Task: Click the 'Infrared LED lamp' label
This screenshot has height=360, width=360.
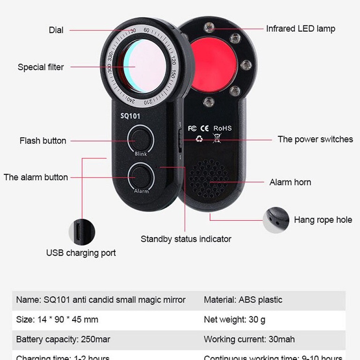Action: coord(300,29)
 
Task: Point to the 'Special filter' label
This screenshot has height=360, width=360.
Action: coord(41,67)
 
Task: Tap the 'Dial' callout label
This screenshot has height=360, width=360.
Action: coord(56,30)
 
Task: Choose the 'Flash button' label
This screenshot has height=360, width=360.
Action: coord(43,141)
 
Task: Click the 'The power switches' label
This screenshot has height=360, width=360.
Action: coord(315,139)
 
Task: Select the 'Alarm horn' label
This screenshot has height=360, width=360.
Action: coord(290,182)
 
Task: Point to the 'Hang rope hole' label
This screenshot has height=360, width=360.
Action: coord(323,219)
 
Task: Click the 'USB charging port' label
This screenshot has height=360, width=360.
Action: coord(81,253)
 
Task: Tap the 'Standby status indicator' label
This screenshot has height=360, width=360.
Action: coord(186,239)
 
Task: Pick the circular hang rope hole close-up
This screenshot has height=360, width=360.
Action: coord(276,219)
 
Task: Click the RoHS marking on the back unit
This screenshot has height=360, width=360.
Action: coord(222,128)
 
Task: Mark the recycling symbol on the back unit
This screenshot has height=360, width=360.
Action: coord(199,138)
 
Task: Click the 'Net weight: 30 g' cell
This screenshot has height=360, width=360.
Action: coord(234,320)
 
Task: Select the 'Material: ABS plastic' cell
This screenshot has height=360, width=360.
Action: coord(243,300)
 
